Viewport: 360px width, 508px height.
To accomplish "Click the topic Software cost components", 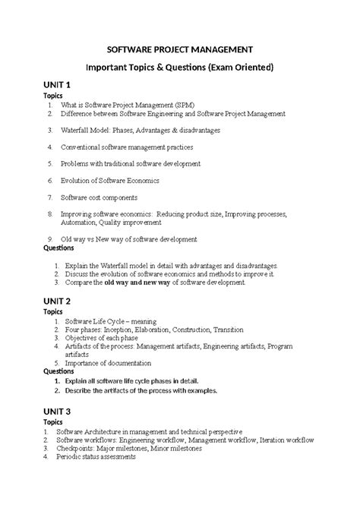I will pyautogui.click(x=106, y=197).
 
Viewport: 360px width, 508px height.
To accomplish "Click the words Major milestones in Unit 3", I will pyautogui.click(x=134, y=448).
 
